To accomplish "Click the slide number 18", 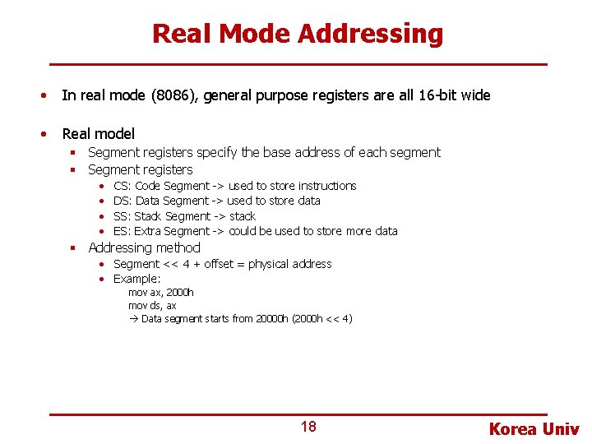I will pyautogui.click(x=308, y=427).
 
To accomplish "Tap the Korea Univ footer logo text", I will pyautogui.click(x=534, y=428).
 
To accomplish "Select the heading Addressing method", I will pyautogui.click(x=144, y=247).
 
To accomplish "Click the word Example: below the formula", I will pyautogui.click(x=136, y=279).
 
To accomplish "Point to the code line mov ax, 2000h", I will pyautogui.click(x=161, y=293).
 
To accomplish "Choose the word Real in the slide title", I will pyautogui.click(x=182, y=34).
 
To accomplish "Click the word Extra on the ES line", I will pyautogui.click(x=149, y=231).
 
